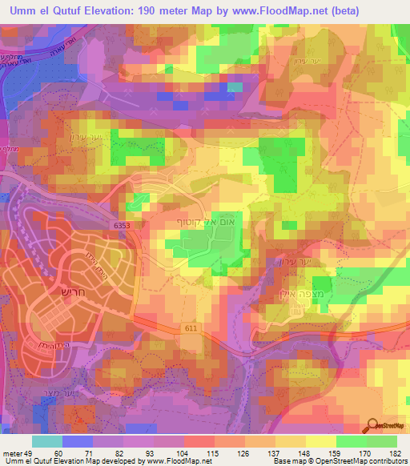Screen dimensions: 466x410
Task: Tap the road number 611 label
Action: [x=188, y=327]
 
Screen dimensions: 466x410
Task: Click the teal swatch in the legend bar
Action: [x=47, y=442]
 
